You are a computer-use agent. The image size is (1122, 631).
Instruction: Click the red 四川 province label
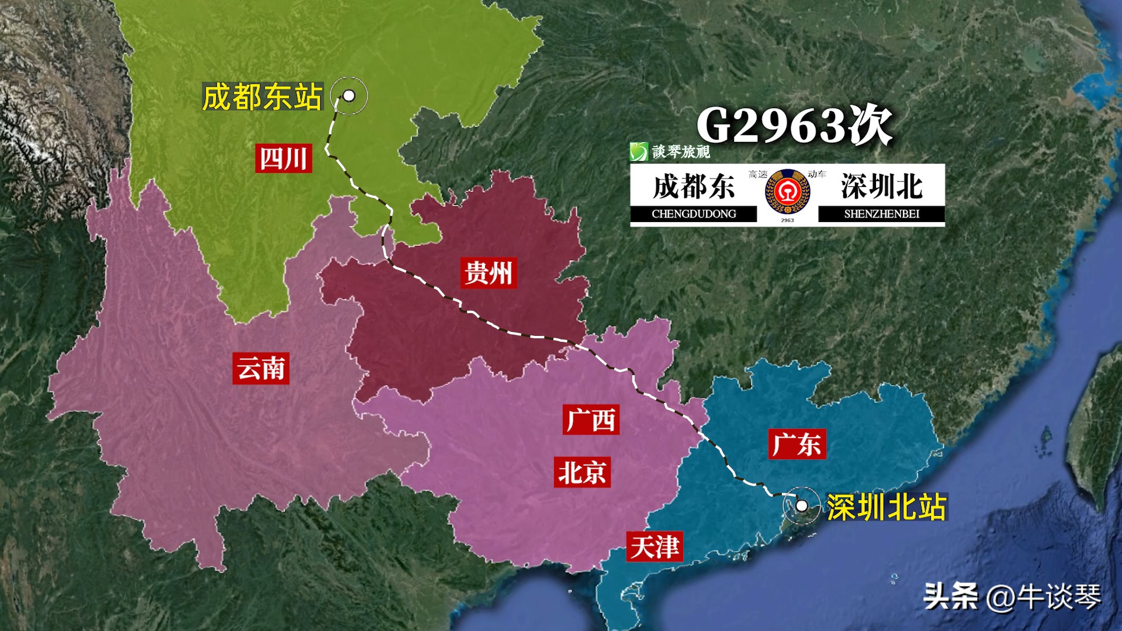pyautogui.click(x=283, y=158)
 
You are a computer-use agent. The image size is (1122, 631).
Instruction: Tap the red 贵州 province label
pyautogui.click(x=489, y=273)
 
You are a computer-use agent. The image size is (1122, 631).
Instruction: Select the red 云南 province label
pyautogui.click(x=261, y=368)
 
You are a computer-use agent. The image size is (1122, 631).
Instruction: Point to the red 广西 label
pyautogui.click(x=591, y=419)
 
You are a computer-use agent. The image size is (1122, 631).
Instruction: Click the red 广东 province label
pyautogui.click(x=797, y=444)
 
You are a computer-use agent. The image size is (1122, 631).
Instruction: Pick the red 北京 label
pyautogui.click(x=582, y=472)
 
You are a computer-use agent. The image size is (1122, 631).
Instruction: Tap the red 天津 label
pyautogui.click(x=654, y=547)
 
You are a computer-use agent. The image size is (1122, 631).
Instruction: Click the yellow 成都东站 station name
pyautogui.click(x=262, y=97)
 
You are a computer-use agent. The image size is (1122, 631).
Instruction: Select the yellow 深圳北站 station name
pyautogui.click(x=886, y=507)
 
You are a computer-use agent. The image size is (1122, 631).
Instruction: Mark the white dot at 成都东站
pyautogui.click(x=349, y=95)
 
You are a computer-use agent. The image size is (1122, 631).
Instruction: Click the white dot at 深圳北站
pyautogui.click(x=802, y=505)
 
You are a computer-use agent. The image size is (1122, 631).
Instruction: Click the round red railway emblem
pyautogui.click(x=787, y=191)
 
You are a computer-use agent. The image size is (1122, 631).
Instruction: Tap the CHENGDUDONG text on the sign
pyautogui.click(x=694, y=214)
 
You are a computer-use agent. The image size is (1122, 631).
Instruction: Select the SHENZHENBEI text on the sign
pyautogui.click(x=881, y=214)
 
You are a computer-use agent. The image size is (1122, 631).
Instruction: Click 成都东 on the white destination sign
pyautogui.click(x=694, y=187)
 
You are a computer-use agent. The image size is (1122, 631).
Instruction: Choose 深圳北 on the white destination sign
pyautogui.click(x=881, y=187)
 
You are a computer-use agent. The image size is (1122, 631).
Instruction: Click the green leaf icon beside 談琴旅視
pyautogui.click(x=639, y=152)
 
